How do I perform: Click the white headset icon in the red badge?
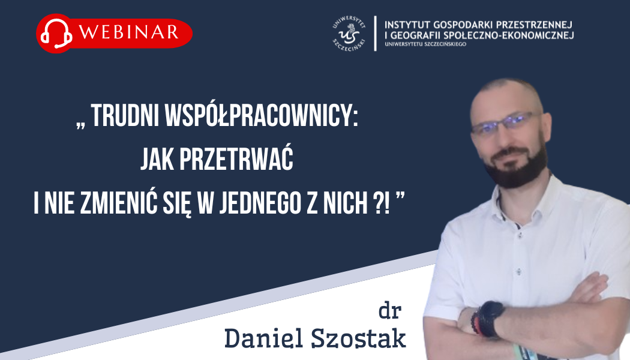coord(56,34)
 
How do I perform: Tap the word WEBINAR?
coord(129,32)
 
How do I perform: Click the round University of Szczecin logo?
coord(349,34)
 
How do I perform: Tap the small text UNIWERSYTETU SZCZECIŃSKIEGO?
coord(425,44)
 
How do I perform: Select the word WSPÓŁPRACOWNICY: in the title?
coord(262,116)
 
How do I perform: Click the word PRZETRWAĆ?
coord(236,160)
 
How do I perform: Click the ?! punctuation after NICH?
coord(379,203)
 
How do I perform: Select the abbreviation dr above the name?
coord(390,311)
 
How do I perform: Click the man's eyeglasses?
coord(507,123)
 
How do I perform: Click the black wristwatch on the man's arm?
coord(490,319)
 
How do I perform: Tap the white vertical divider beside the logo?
coord(375,34)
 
